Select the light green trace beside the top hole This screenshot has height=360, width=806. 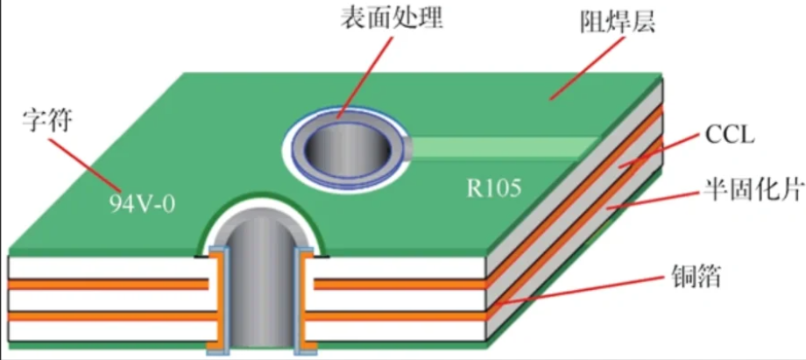pyautogui.click(x=508, y=145)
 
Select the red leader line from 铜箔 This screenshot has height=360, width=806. pyautogui.click(x=578, y=291)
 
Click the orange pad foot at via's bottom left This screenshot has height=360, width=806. pyautogui.click(x=212, y=351)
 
